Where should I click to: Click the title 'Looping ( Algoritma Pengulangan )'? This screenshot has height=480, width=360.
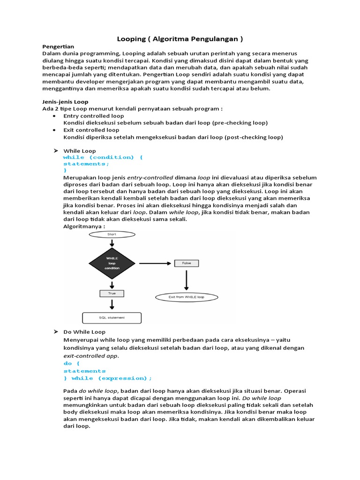pos(180,38)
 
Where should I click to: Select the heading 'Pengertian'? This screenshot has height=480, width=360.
pos(58,47)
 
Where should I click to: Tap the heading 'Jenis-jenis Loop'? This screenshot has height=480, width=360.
pos(65,102)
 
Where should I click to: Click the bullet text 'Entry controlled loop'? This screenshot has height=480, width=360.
pos(94,116)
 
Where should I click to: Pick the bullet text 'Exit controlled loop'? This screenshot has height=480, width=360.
pos(91,130)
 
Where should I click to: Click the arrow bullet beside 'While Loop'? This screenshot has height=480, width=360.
pos(55,150)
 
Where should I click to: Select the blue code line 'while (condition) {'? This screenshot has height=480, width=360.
pos(103,157)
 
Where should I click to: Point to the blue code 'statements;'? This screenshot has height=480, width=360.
pos(86,164)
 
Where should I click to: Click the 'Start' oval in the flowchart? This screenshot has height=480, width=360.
pos(112,233)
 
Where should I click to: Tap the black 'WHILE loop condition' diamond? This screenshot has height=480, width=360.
pos(112,263)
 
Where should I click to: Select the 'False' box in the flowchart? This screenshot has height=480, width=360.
pos(186,263)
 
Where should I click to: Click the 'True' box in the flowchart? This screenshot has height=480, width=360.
pos(112,293)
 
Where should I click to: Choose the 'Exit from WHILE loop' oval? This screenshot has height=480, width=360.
pos(186,297)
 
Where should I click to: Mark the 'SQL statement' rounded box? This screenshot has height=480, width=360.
pos(112,318)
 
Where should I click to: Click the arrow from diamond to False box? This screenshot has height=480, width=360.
pos(156,263)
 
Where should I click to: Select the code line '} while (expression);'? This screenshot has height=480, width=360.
pos(108,378)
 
